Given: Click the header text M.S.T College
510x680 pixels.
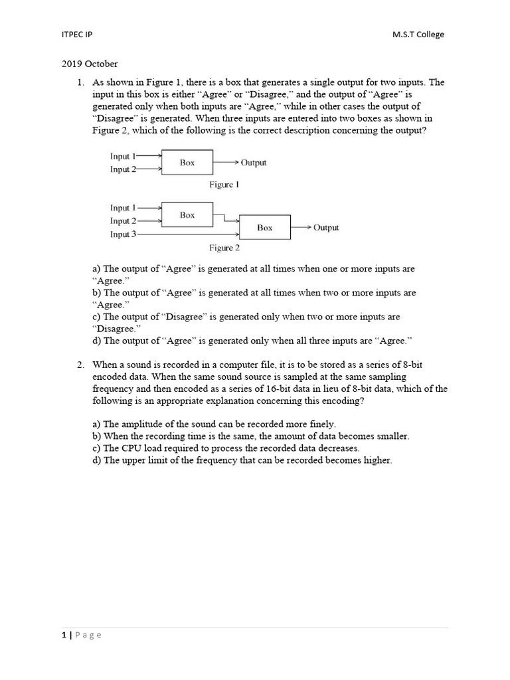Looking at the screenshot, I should click(418, 35).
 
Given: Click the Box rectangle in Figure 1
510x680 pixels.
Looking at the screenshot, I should click(187, 163).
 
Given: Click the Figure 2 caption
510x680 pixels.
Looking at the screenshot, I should click(224, 248).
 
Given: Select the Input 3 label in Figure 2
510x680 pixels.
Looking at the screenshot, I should click(124, 234).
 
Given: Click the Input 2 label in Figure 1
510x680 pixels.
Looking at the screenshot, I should click(124, 169).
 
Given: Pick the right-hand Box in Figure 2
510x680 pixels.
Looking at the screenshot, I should click(264, 227).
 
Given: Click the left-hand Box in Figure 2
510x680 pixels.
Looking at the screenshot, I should click(187, 215).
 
